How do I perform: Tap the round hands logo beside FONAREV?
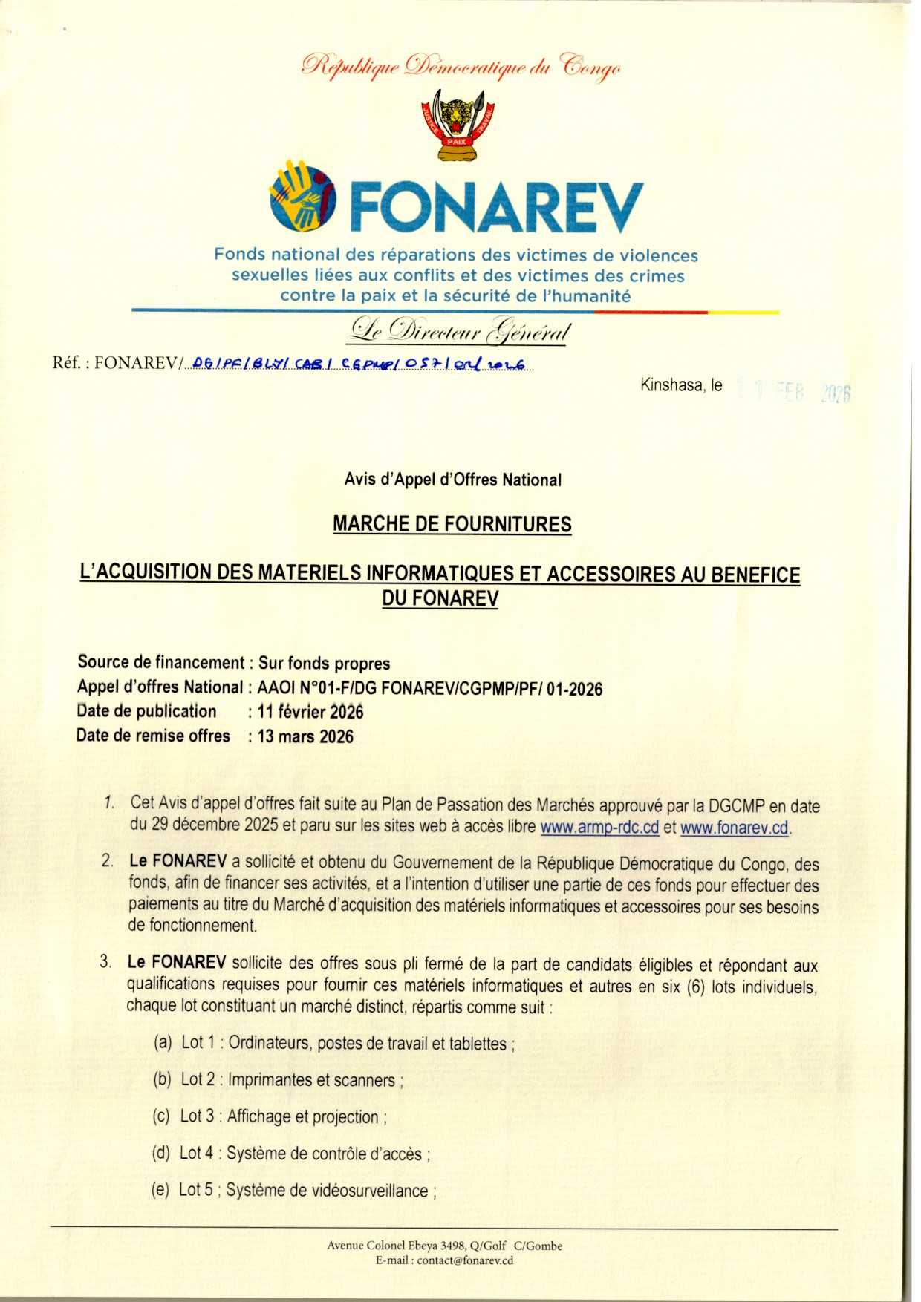click(x=302, y=195)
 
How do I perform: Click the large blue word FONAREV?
click(x=495, y=208)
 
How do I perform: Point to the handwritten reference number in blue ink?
click(x=358, y=364)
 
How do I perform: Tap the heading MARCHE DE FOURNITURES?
click(x=452, y=524)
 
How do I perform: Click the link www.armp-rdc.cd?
click(x=599, y=827)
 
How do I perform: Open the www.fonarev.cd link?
click(x=734, y=828)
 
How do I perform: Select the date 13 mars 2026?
click(x=305, y=736)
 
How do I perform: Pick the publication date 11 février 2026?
click(x=310, y=712)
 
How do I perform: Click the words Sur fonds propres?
click(x=324, y=663)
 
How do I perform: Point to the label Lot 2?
click(x=198, y=1079)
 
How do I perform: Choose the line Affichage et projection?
click(x=304, y=1116)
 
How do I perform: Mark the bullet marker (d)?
click(x=161, y=1153)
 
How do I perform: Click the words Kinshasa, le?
click(x=681, y=385)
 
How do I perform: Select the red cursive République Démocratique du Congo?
click(x=461, y=67)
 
